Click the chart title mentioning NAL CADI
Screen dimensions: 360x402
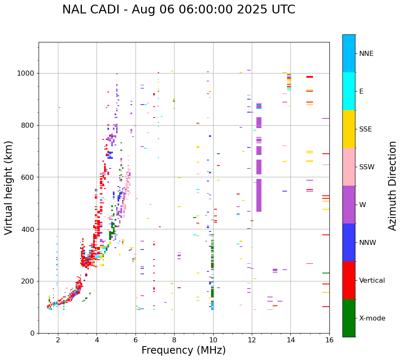pyautogui.click(x=178, y=10)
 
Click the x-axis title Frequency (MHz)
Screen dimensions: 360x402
pyautogui.click(x=183, y=350)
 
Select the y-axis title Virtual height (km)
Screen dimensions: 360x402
pyautogui.click(x=9, y=187)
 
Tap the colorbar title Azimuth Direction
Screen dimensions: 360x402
pyautogui.click(x=392, y=185)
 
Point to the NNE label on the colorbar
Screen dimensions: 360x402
pyautogui.click(x=366, y=54)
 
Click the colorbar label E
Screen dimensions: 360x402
pyautogui.click(x=361, y=92)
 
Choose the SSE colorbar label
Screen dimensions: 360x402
pyautogui.click(x=365, y=129)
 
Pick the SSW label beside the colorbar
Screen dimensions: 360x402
pyautogui.click(x=366, y=167)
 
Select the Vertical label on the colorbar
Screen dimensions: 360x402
pyautogui.click(x=372, y=281)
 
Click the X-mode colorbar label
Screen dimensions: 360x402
pyautogui.click(x=372, y=318)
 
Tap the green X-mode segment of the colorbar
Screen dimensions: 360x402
pyautogui.click(x=349, y=318)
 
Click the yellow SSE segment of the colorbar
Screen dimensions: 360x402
pyautogui.click(x=349, y=129)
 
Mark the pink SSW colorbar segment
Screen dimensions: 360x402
pyautogui.click(x=349, y=167)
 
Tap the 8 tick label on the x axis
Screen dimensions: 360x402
pyautogui.click(x=174, y=340)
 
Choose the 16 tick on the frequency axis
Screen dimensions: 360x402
pyautogui.click(x=329, y=340)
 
